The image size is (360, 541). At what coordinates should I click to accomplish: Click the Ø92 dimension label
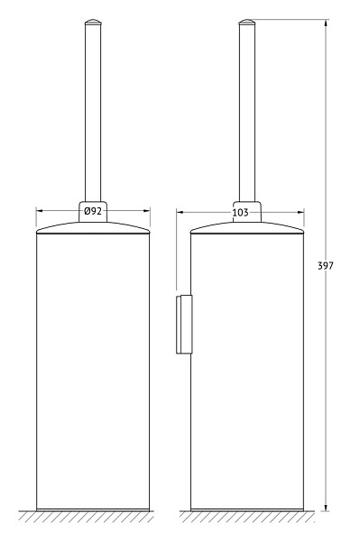tap(93, 210)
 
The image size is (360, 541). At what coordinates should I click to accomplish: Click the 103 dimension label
tap(240, 213)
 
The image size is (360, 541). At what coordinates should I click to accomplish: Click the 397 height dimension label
tap(326, 266)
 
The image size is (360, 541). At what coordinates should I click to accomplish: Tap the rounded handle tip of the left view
tap(93, 22)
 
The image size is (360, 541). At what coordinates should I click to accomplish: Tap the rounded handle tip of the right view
tap(247, 22)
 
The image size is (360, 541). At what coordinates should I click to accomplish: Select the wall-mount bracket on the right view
tap(184, 325)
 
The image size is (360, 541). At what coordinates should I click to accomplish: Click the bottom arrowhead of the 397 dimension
tap(326, 507)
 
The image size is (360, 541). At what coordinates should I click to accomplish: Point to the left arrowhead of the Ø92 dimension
tap(40, 210)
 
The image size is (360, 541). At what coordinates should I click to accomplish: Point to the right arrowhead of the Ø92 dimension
tap(146, 210)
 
